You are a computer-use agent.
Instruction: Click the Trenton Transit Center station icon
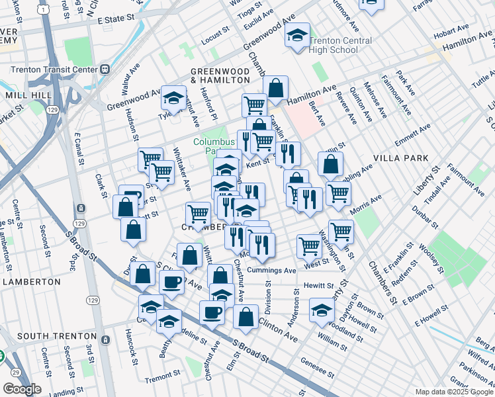coord(105,69)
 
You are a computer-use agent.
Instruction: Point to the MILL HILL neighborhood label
coord(24,95)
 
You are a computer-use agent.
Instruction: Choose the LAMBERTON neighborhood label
coord(31,281)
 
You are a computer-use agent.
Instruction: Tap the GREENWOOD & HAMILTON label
coord(220,75)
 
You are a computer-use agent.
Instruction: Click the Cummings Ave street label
coord(271,271)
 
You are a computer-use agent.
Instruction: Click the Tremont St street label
coord(162,378)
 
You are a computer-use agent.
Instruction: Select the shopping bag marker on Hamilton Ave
coord(275,87)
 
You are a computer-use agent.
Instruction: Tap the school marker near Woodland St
coord(322,310)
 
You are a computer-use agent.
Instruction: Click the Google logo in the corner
coord(22,389)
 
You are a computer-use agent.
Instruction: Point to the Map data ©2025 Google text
coord(454,392)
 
